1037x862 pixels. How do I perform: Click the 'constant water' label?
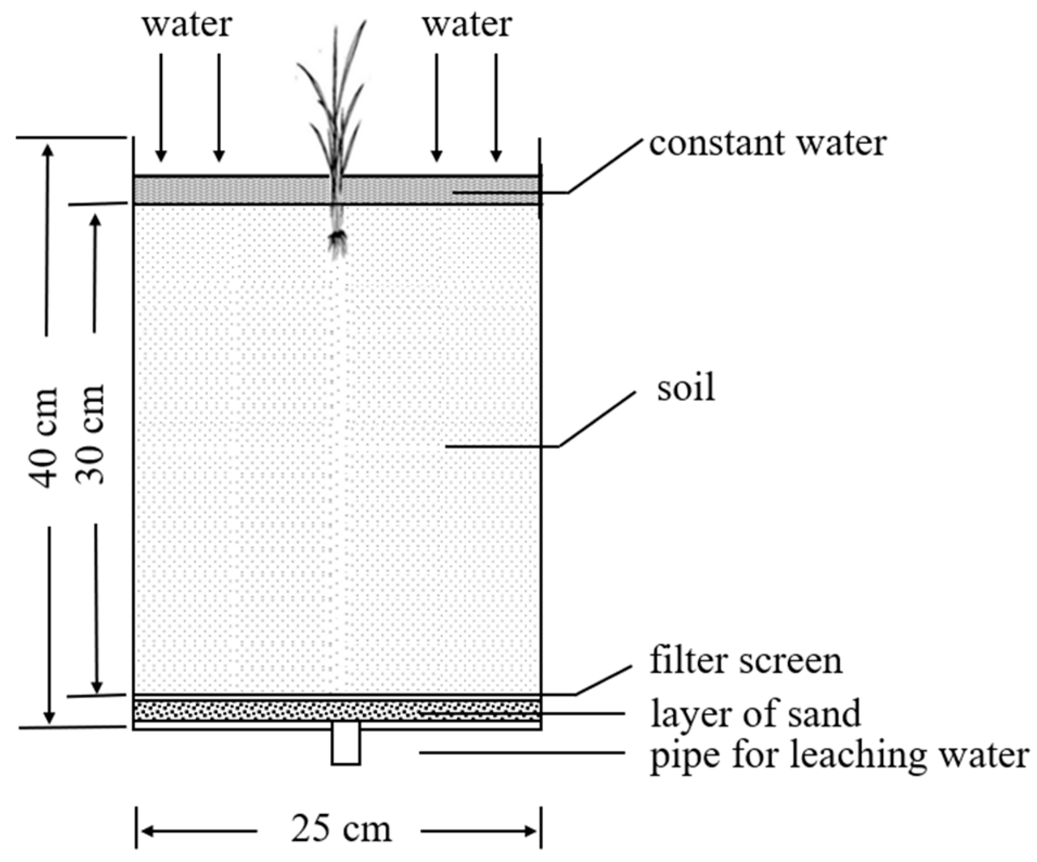(767, 144)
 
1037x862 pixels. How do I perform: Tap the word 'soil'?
(685, 388)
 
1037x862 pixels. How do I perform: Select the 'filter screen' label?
(746, 661)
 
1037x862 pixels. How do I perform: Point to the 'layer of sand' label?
(755, 714)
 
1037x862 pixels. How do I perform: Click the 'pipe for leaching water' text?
(839, 755)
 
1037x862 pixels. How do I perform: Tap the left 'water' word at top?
(187, 25)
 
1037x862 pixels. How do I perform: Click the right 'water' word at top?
(467, 25)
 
